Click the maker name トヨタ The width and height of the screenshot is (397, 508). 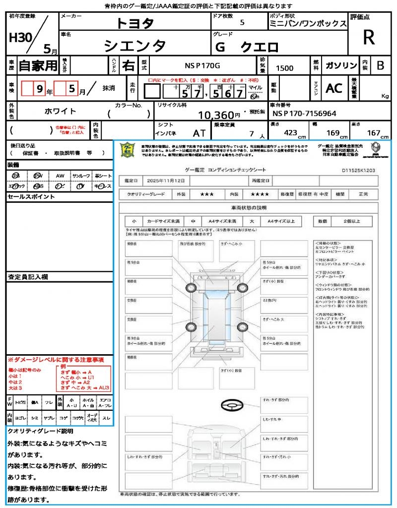135,23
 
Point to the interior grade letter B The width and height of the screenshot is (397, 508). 380,65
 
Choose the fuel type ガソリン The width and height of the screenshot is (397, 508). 341,65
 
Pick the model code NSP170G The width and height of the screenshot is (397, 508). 202,65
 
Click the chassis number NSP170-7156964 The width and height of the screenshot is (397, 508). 304,114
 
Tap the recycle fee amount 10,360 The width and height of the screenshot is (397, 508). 215,116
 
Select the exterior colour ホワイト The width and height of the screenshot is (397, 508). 61,111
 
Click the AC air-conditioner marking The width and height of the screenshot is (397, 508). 334,88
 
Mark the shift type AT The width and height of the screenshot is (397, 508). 199,133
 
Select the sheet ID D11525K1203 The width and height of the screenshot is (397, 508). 358,170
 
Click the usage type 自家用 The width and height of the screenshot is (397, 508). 38,65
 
